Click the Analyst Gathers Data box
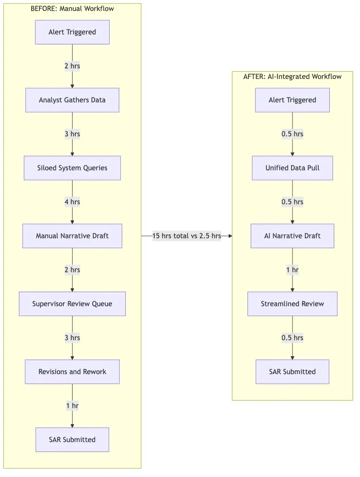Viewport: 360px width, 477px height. click(x=72, y=100)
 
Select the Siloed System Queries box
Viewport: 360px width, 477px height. click(x=72, y=168)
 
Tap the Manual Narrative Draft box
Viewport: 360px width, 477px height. click(x=72, y=236)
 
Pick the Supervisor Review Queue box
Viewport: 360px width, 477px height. click(x=72, y=304)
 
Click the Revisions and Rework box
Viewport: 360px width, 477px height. click(x=72, y=372)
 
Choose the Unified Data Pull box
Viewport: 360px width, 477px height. click(x=292, y=168)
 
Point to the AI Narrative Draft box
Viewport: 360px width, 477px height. click(x=292, y=236)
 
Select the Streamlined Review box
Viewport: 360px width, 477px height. click(x=292, y=304)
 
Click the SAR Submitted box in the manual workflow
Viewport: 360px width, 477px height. click(x=72, y=440)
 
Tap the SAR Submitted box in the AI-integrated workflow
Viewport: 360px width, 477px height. click(x=292, y=372)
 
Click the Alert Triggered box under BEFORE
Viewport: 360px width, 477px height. click(x=72, y=32)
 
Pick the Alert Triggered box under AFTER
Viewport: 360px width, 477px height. click(x=292, y=100)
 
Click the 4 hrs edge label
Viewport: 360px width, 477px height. click(x=72, y=202)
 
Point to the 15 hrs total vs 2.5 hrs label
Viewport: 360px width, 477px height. click(x=187, y=236)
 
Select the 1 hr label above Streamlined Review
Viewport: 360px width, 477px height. click(x=292, y=270)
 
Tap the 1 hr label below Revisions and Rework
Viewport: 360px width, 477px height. click(x=72, y=406)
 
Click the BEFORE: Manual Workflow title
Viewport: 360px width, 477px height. click(x=72, y=9)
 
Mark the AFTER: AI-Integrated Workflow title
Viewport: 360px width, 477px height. click(x=292, y=77)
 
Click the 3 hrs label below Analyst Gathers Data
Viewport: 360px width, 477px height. click(x=72, y=134)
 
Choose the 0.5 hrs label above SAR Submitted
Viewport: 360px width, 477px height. click(x=292, y=338)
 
